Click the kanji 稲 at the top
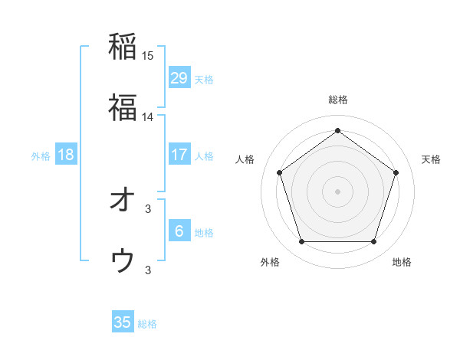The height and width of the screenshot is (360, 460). (123, 46)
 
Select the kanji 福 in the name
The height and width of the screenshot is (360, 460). (123, 106)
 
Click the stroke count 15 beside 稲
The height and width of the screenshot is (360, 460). (148, 56)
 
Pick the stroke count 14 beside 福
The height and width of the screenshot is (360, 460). (148, 116)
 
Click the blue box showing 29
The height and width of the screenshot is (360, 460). (179, 78)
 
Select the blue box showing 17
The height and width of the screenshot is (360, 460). (179, 155)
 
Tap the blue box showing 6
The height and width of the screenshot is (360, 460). (179, 231)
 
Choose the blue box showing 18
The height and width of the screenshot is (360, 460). (66, 155)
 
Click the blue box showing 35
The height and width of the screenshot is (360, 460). (123, 322)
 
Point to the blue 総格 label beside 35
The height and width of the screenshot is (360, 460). (147, 324)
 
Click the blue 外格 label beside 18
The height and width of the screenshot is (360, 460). (41, 155)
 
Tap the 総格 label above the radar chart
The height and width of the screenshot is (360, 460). (338, 100)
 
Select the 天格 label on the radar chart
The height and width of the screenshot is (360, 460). (432, 159)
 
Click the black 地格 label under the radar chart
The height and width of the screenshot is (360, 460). (402, 262)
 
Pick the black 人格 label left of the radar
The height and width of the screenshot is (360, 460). (245, 159)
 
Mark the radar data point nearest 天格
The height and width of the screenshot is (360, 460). (396, 172)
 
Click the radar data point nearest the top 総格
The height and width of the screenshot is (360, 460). (338, 131)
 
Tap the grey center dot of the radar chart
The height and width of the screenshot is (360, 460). (338, 191)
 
